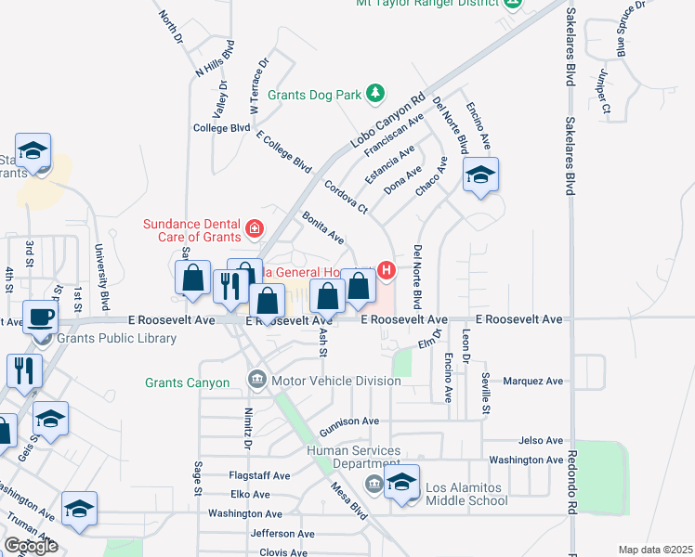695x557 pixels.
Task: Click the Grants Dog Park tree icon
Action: [x=374, y=93]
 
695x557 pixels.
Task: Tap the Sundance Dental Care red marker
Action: [x=253, y=227]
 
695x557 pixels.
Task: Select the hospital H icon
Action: [x=386, y=271]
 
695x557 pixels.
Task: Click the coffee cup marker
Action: [x=41, y=317]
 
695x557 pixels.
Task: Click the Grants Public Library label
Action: [x=116, y=338]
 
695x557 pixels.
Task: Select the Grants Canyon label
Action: [x=187, y=382]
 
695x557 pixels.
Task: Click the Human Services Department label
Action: [x=354, y=457]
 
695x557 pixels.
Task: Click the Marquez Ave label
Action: [x=532, y=381]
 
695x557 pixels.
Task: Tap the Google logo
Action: [x=31, y=546]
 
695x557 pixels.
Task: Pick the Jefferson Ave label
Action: [x=282, y=534]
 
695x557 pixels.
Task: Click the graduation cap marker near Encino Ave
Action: [x=480, y=175]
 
